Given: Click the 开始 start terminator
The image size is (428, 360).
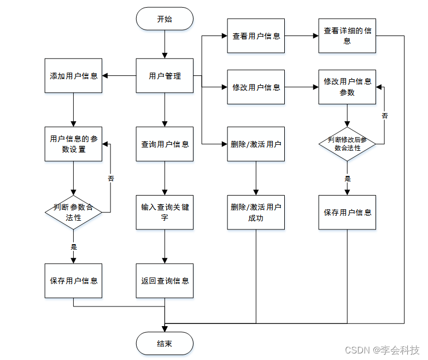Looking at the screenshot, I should click(165, 19).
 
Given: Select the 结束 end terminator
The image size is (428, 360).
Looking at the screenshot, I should click(165, 343).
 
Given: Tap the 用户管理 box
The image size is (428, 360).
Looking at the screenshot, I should click(165, 76).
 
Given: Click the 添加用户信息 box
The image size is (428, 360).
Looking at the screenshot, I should click(73, 76).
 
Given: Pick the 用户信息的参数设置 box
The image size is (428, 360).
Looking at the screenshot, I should click(73, 144).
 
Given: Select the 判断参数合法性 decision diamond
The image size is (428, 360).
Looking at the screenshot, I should click(73, 212).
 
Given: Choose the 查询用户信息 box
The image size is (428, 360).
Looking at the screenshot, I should click(165, 144).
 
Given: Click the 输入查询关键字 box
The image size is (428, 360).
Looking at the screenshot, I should click(165, 212).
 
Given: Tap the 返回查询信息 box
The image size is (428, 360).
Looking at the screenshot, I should click(165, 280).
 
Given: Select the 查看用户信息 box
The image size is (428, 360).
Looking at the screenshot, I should click(256, 36).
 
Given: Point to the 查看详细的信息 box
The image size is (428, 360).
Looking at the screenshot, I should click(347, 36).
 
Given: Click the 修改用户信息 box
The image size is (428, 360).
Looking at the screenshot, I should click(256, 87).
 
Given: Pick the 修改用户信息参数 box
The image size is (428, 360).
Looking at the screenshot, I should click(347, 87).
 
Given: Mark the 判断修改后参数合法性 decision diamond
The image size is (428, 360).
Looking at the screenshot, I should click(347, 144).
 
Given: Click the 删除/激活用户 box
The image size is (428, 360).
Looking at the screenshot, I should click(256, 144).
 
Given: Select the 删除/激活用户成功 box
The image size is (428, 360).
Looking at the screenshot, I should click(256, 212).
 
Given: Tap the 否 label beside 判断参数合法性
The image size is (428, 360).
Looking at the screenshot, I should click(111, 178).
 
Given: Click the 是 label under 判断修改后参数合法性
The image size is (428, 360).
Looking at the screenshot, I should click(347, 179).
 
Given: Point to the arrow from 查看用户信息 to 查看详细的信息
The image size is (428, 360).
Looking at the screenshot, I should click(301, 36).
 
